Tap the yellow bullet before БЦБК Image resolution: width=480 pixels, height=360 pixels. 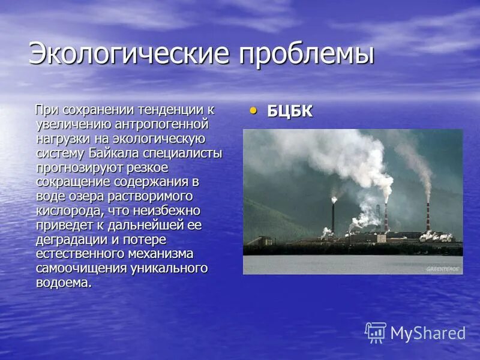click(253, 110)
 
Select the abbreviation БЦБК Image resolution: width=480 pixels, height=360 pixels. click(290, 111)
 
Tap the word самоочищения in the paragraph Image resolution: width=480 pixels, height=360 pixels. click(82, 268)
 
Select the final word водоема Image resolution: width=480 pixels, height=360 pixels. click(64, 282)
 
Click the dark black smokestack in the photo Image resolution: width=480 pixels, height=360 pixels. click(334, 216)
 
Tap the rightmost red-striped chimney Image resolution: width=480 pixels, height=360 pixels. click(428, 217)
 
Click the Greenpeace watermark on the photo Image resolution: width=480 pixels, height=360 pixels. click(443, 269)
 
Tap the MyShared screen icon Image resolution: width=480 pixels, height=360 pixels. click(376, 332)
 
